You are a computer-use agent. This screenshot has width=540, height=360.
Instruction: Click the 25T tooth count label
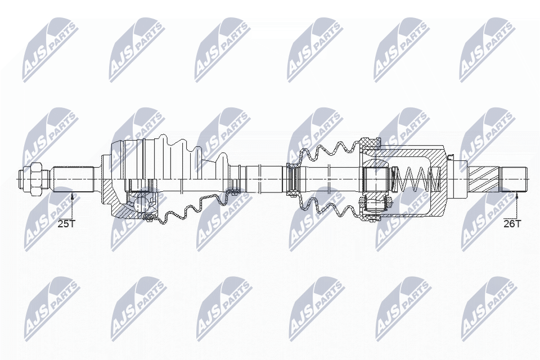[66, 224]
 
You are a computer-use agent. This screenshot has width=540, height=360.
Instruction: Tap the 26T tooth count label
[512, 224]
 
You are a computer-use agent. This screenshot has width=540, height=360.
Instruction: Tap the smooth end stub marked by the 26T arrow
[514, 179]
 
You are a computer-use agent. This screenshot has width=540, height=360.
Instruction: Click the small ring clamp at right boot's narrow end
[292, 179]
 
